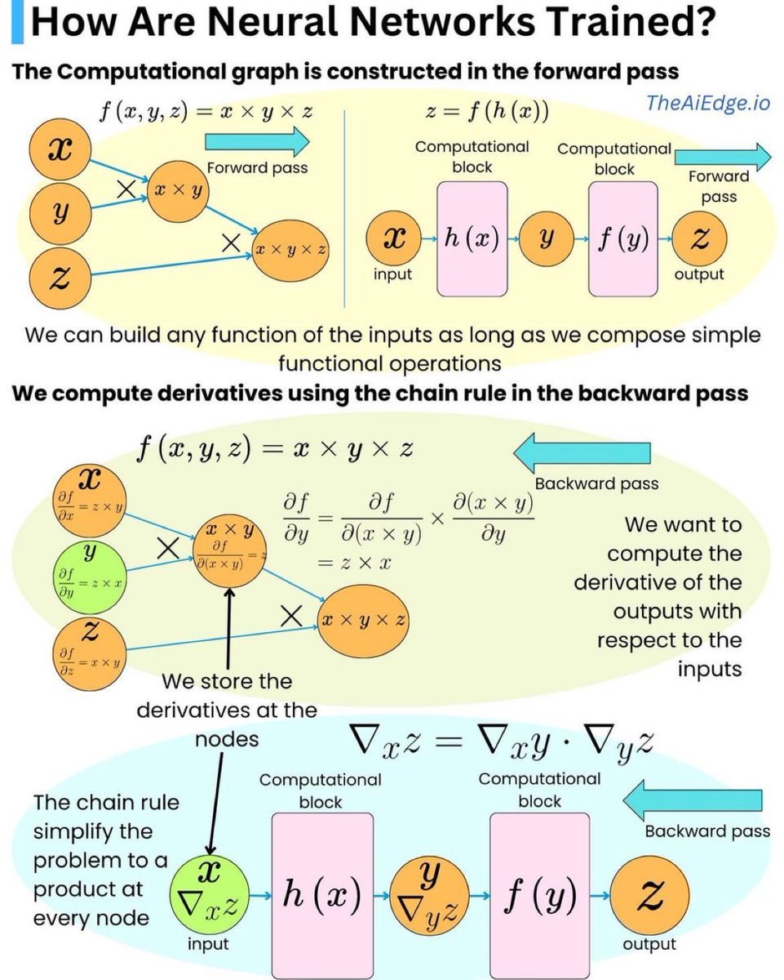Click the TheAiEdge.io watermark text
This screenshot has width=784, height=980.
coord(707,104)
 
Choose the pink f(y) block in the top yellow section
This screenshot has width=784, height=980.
coord(622,238)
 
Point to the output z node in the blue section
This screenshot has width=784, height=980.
coord(649,896)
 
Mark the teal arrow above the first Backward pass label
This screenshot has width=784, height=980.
coord(581,452)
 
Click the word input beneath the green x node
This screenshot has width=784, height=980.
coord(209,945)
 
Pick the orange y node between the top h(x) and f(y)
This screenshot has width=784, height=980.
coord(547,238)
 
